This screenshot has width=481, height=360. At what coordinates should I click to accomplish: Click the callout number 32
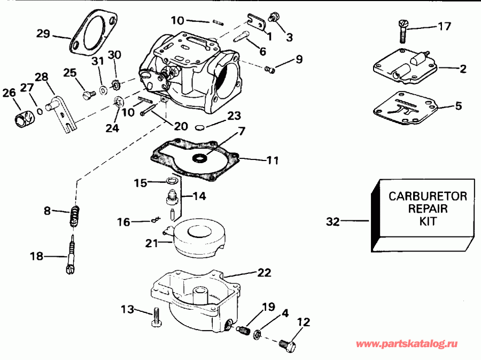(x=333, y=221)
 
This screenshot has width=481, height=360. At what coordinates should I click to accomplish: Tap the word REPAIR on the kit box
(x=426, y=208)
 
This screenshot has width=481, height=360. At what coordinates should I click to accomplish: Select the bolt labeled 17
(x=403, y=30)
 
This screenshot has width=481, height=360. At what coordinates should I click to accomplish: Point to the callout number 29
(x=43, y=34)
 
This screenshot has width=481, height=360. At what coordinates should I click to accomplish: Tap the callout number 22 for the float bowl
(x=264, y=272)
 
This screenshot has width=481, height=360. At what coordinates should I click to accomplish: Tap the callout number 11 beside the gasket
(x=272, y=159)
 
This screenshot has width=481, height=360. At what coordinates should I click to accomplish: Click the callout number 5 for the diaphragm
(x=458, y=106)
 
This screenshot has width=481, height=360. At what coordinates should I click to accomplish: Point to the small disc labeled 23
(x=200, y=127)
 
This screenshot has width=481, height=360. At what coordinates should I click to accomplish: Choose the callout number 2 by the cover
(x=462, y=68)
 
